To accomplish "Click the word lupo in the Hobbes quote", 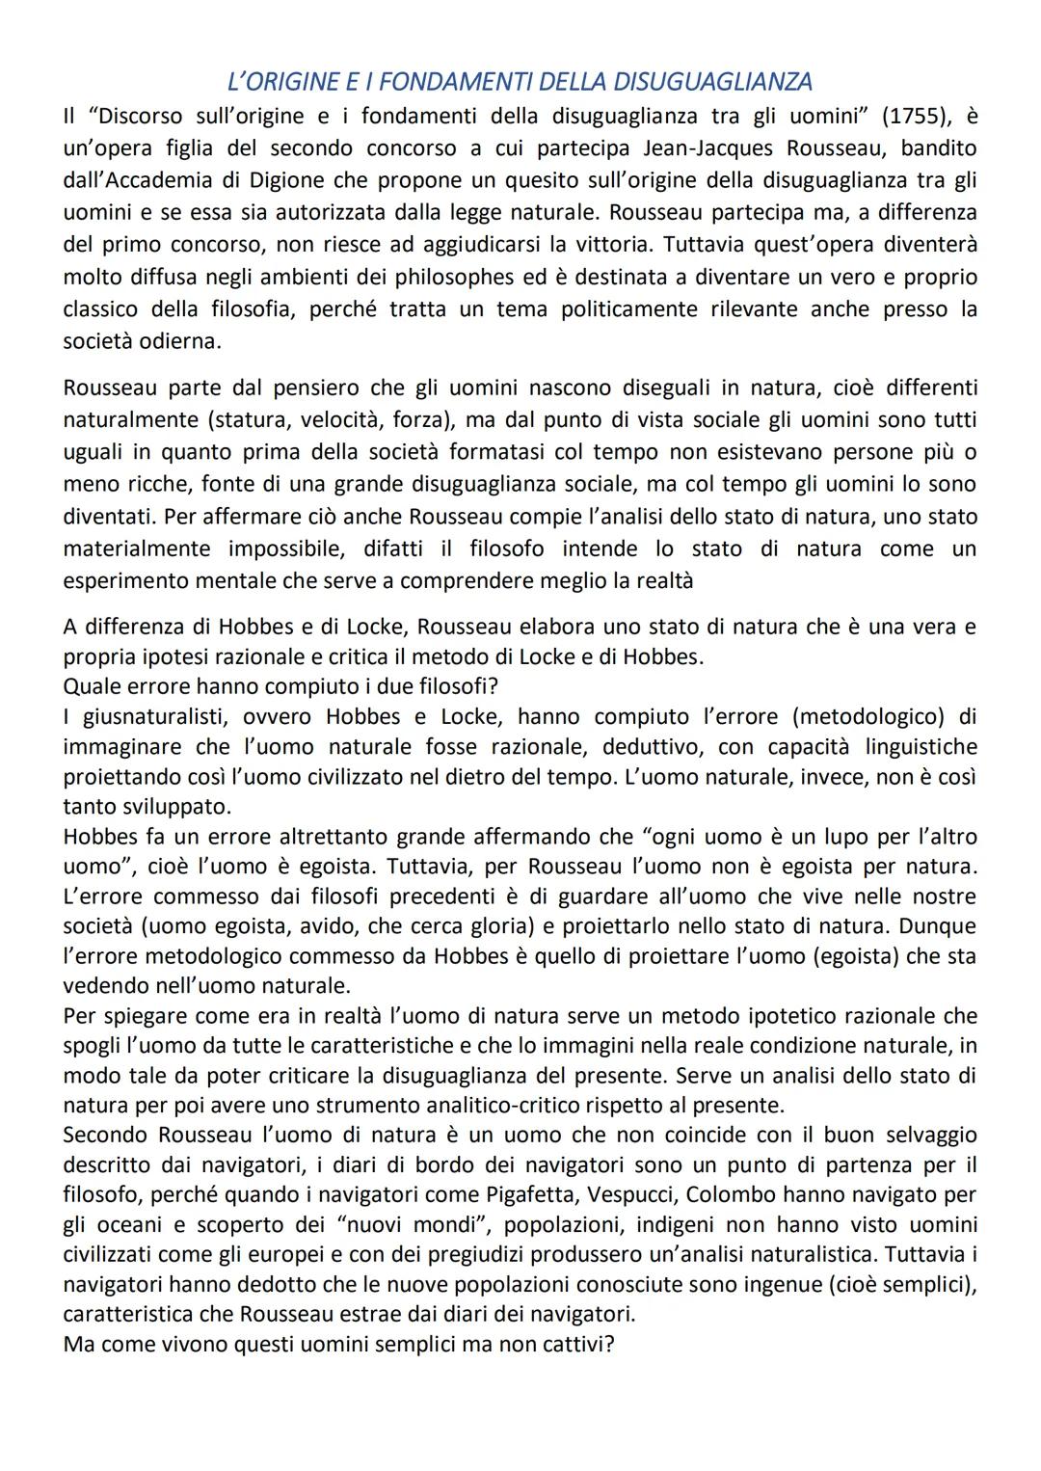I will click(821, 836).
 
